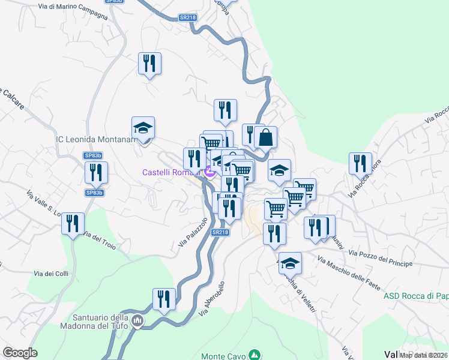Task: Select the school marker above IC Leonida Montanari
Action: point(143,128)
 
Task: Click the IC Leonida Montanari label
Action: point(96,139)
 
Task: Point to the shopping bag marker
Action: point(265,137)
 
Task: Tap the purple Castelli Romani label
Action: point(170,172)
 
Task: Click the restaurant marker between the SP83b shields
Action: point(96,172)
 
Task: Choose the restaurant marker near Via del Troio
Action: point(73,224)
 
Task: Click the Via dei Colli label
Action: point(51,274)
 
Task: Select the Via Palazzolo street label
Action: point(193,233)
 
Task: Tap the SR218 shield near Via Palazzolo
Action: point(220,232)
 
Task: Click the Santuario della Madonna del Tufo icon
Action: point(137,322)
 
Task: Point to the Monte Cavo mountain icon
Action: point(255,355)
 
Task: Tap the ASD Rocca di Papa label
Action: point(416,296)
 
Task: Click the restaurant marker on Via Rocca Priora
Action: point(360,164)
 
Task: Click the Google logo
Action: point(20,353)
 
